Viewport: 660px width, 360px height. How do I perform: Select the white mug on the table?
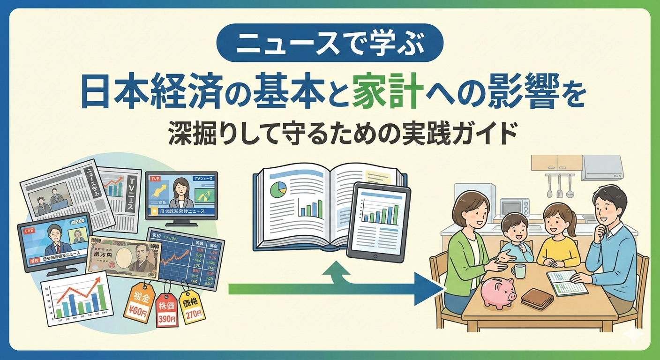click(x=518, y=270)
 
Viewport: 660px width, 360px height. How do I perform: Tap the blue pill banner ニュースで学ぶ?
click(x=330, y=44)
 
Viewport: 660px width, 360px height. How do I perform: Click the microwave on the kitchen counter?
click(x=514, y=207)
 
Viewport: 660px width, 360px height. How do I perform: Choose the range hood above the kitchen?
click(x=602, y=168)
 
